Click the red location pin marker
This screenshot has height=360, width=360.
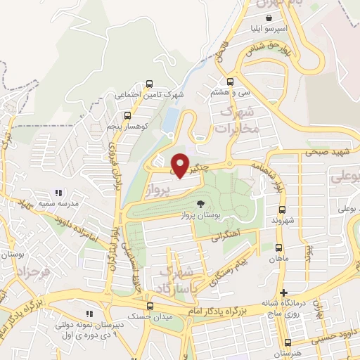pos(180,165)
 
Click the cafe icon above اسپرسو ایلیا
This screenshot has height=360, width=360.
pos(269,19)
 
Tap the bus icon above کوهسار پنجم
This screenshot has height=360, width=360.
pos(127,115)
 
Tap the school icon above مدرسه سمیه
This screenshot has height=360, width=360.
pos(59,192)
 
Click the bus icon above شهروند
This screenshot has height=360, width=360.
pos(282,210)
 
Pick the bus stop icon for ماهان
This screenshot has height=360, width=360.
pos(279,247)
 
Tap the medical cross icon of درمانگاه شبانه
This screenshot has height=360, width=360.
pos(283,292)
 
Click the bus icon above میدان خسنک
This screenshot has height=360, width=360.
pos(149,306)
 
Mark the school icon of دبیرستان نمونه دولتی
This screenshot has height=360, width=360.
pos(89,314)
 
